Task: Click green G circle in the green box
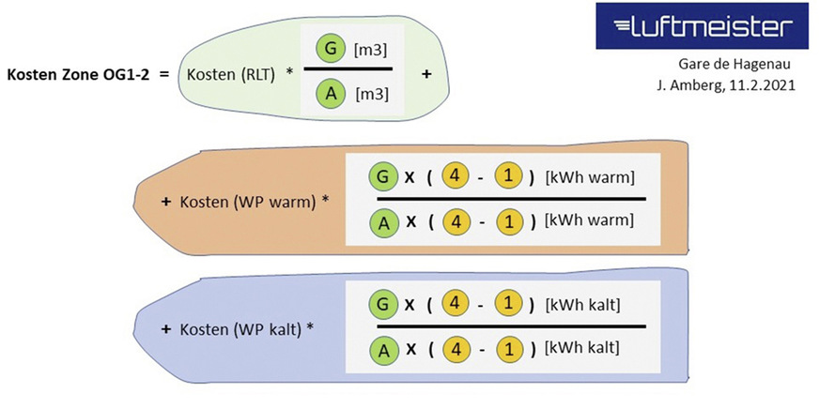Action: (329, 46)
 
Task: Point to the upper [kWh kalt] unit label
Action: (582, 305)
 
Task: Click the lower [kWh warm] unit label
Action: (588, 221)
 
